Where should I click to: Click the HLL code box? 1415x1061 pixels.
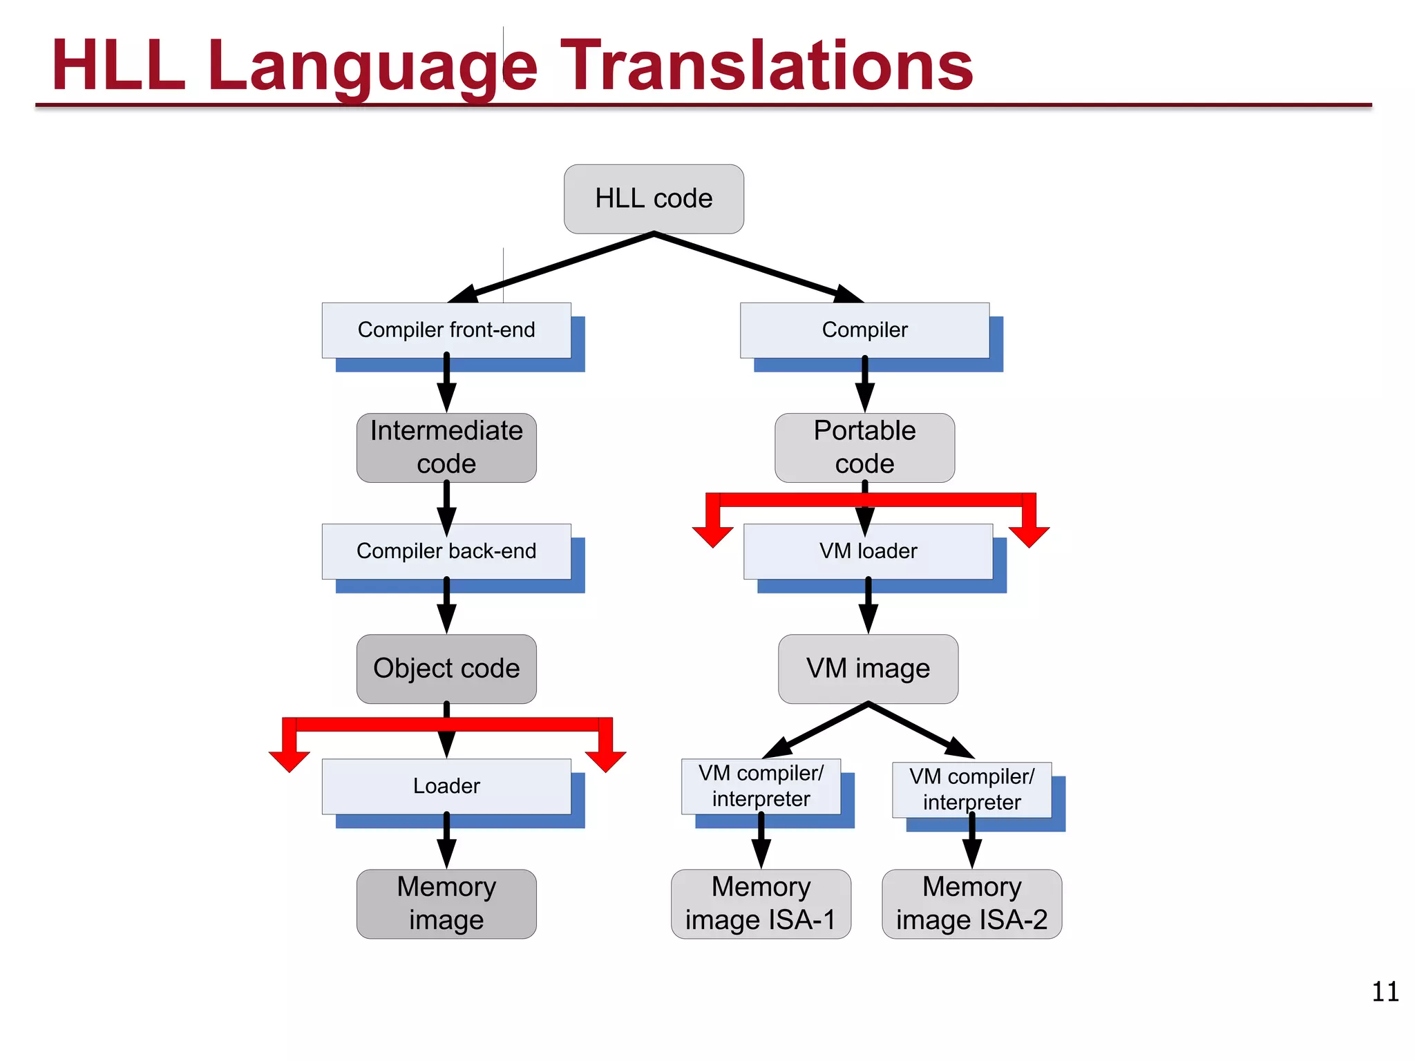[654, 199]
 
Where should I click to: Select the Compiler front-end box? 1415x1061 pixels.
[446, 330]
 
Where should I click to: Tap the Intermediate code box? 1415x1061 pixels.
[446, 448]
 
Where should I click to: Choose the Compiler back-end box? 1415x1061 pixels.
[446, 551]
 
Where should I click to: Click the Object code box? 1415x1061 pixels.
[446, 669]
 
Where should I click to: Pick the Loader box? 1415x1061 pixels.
[446, 786]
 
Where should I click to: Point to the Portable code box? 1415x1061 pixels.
[864, 448]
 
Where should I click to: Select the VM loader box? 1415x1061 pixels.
[868, 551]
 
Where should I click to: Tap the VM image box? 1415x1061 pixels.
[868, 669]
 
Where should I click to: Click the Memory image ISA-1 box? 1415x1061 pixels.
[761, 904]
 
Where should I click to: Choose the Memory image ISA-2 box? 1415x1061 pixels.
[971, 904]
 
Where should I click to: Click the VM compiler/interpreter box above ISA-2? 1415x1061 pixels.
[971, 789]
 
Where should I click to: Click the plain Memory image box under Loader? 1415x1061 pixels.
[446, 904]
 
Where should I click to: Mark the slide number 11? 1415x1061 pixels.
[1385, 992]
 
